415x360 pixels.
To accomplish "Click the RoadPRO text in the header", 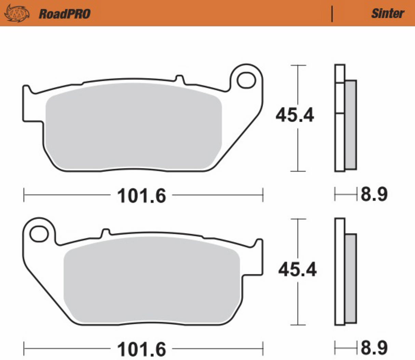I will [x=64, y=14].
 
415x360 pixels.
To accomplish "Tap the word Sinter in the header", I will [x=387, y=13].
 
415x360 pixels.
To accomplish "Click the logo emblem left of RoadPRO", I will [x=17, y=13].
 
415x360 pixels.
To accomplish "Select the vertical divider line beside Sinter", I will [x=332, y=14].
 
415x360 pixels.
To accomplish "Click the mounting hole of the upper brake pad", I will [x=246, y=80].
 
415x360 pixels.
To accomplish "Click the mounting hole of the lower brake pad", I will [x=39, y=234].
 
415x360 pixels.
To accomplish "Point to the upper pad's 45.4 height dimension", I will [x=295, y=115].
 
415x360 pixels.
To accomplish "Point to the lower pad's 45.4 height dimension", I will [x=297, y=270].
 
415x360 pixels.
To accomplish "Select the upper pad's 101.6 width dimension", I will [x=142, y=196].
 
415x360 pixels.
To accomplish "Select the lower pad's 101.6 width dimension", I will [x=142, y=349].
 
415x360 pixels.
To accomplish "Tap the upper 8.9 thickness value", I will [x=374, y=194].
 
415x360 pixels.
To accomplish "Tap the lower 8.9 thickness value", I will [x=374, y=348].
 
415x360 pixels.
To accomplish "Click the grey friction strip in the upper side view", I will [x=351, y=125].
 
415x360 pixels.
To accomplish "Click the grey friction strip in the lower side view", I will [x=351, y=279].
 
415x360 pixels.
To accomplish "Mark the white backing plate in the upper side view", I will [x=339, y=144].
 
